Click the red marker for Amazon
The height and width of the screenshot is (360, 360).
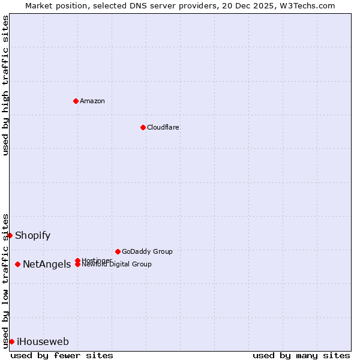pyautogui.click(x=76, y=101)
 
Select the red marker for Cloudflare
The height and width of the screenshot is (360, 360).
pyautogui.click(x=143, y=127)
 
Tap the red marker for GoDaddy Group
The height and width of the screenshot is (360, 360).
pyautogui.click(x=118, y=251)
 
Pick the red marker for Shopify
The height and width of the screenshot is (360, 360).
pyautogui.click(x=10, y=235)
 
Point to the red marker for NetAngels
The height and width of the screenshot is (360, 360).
pyautogui.click(x=18, y=264)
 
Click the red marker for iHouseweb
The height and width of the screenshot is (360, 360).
pyautogui.click(x=12, y=341)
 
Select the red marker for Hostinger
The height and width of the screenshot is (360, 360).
pyautogui.click(x=78, y=260)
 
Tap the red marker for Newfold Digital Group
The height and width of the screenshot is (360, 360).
pyautogui.click(x=78, y=265)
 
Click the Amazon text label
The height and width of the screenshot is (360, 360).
pyautogui.click(x=92, y=101)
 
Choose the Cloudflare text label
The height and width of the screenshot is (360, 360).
pyautogui.click(x=163, y=127)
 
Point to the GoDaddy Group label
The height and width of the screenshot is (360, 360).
pyautogui.click(x=147, y=251)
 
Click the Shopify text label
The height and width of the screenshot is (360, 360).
pyautogui.click(x=33, y=235)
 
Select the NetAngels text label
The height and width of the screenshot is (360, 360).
pyautogui.click(x=47, y=264)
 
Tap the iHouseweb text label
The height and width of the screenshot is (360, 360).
pyautogui.click(x=43, y=341)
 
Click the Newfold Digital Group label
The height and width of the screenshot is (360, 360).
pyautogui.click(x=117, y=265)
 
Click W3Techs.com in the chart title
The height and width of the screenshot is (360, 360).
pyautogui.click(x=305, y=5)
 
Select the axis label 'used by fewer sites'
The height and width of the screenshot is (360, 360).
pyautogui.click(x=62, y=355)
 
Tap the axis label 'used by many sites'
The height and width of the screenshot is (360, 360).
pyautogui.click(x=301, y=355)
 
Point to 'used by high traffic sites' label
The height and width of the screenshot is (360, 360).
pyautogui.click(x=5, y=85)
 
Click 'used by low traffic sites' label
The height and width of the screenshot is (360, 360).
pyautogui.click(x=5, y=280)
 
